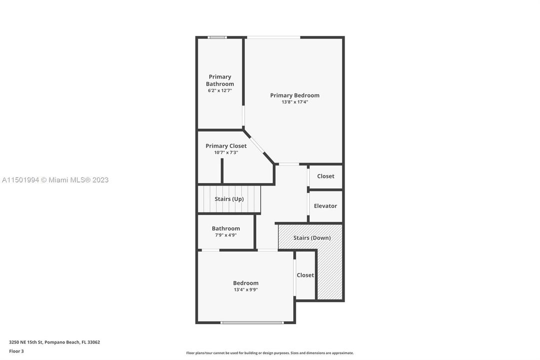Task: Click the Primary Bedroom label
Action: click(295, 95)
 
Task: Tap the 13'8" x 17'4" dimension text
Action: click(295, 102)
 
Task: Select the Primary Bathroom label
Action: click(220, 80)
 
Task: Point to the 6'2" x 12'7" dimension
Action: click(220, 90)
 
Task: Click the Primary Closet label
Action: click(226, 146)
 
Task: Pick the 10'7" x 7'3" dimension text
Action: click(226, 152)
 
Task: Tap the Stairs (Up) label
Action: click(229, 199)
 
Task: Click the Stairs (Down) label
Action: click(312, 238)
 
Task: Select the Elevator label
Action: click(325, 206)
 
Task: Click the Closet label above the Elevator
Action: click(326, 176)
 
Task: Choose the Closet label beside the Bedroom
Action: click(305, 275)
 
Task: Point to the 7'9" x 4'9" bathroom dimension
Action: click(226, 235)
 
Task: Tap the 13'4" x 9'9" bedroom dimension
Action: click(246, 289)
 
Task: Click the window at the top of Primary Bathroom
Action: click(217, 37)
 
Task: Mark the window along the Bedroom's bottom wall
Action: click(252, 322)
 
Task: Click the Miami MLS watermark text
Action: click(55, 180)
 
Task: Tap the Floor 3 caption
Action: click(16, 351)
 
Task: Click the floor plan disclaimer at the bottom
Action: click(270, 353)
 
